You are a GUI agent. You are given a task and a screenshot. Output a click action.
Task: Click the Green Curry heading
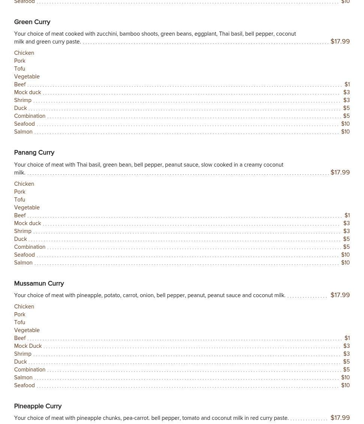[x=32, y=22]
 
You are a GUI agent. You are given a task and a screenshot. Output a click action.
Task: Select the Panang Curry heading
[x=34, y=153]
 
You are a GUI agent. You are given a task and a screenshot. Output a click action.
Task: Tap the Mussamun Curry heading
[x=39, y=284]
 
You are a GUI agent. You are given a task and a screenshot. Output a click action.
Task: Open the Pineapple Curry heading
[x=38, y=406]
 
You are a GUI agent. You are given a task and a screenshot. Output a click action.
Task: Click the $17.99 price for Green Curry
[x=340, y=42]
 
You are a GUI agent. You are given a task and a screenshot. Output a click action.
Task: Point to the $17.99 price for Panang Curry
[x=340, y=173]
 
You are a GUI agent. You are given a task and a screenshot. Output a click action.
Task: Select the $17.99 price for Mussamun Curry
[x=340, y=295]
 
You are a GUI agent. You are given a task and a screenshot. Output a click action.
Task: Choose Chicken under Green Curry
[x=24, y=53]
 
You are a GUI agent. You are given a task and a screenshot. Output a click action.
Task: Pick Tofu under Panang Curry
[x=20, y=200]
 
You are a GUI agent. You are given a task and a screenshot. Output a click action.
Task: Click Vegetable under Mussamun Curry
[x=27, y=331]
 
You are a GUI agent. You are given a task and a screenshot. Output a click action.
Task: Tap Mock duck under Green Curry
[x=27, y=93]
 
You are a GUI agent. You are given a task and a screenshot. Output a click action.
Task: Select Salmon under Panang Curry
[x=23, y=263]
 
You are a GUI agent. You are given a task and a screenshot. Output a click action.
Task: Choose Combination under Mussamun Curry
[x=30, y=370]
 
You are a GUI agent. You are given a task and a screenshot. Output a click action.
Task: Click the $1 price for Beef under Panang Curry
[x=347, y=216]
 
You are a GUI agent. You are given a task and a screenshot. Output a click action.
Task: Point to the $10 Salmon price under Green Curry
[x=345, y=132]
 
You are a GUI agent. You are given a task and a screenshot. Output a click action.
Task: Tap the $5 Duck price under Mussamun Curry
[x=346, y=362]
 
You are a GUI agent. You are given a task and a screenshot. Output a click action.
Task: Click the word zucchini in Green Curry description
[x=107, y=34]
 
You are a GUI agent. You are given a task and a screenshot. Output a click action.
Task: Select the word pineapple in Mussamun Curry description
[x=89, y=296]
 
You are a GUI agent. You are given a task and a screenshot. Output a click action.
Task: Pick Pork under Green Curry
[x=20, y=61]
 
